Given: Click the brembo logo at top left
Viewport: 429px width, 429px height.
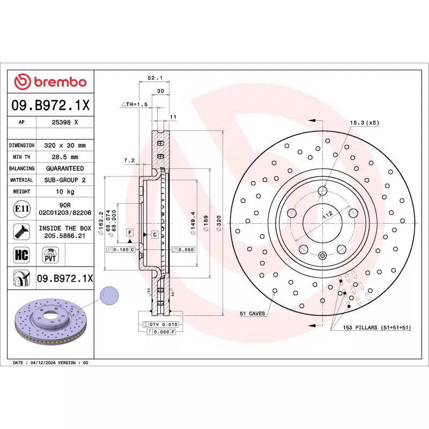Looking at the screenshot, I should tap(50, 82).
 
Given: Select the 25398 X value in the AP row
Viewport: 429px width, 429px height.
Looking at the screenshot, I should tap(64, 122).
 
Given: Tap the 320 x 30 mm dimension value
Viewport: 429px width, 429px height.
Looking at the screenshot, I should tap(64, 145).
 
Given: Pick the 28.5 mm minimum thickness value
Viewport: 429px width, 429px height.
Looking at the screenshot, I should tap(64, 157).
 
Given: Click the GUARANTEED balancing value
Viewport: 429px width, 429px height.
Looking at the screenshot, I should tap(64, 168).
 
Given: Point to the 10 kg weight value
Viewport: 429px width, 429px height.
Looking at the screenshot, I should tap(64, 191).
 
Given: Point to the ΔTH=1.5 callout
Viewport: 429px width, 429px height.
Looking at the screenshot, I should tap(134, 104).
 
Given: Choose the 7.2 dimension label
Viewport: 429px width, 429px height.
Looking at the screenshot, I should tap(129, 160).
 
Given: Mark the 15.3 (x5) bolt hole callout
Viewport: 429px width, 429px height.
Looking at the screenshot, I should tap(364, 123).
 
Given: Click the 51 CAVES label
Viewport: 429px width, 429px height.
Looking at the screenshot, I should tap(253, 313).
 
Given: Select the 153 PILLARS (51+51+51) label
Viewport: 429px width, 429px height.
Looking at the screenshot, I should tap(377, 327).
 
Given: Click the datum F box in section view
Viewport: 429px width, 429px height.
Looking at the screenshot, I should tap(129, 232).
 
